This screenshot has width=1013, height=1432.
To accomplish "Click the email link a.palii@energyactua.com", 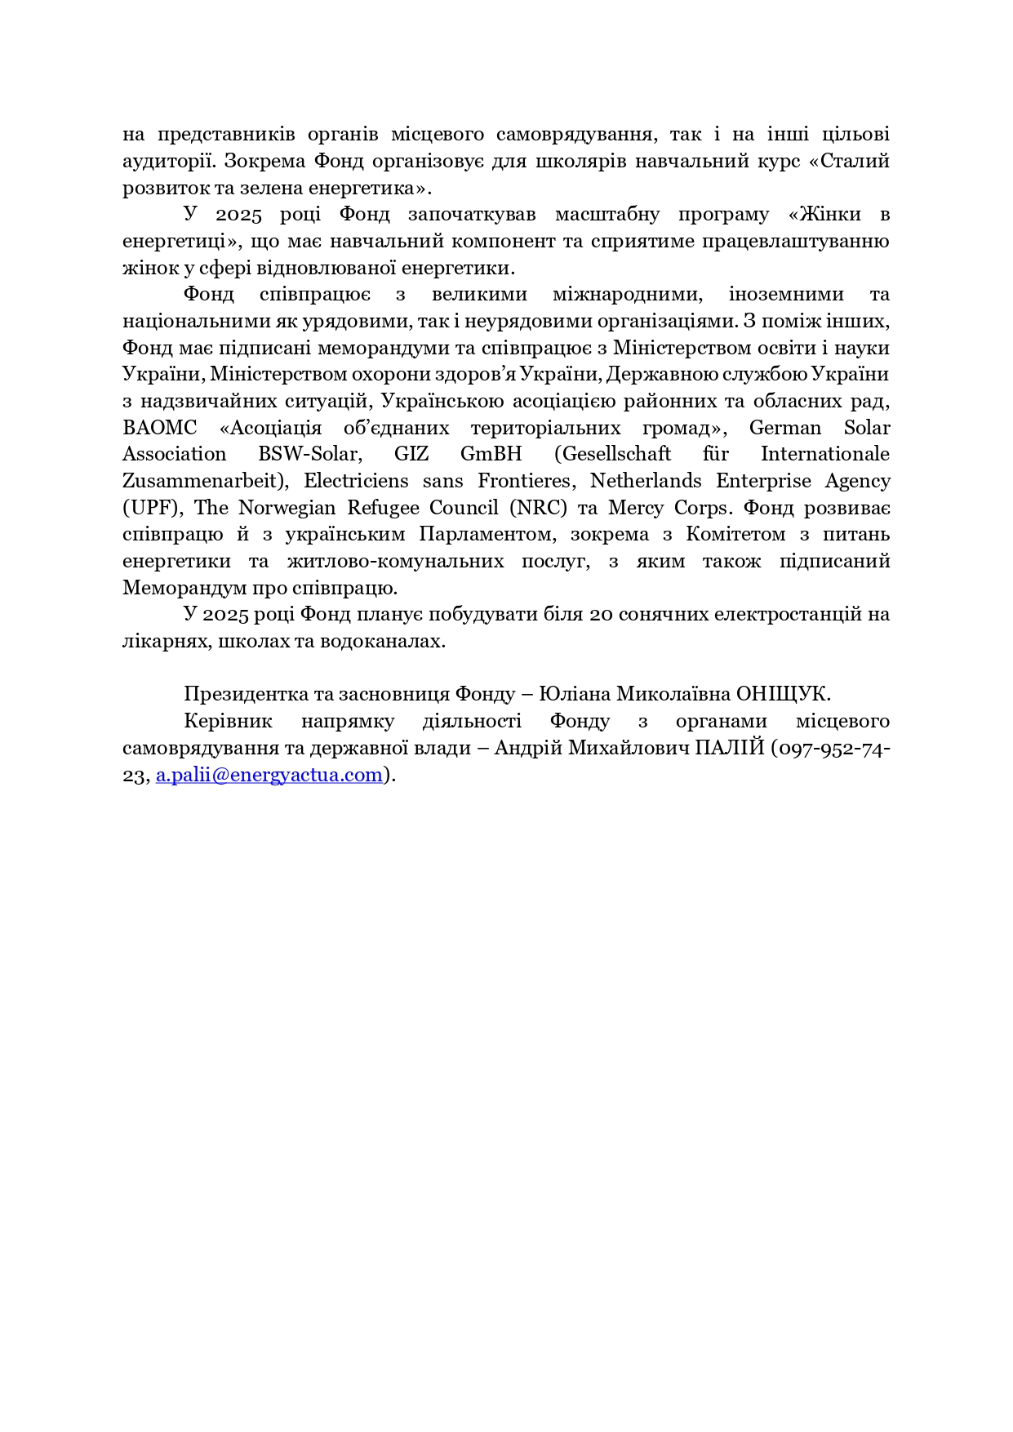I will pos(269,775).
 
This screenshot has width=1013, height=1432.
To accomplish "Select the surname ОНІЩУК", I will pos(783,694).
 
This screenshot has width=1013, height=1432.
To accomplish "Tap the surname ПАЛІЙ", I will pos(729,748).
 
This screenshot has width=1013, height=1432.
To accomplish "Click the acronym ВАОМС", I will pos(160,428).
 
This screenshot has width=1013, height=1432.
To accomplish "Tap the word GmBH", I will pos(491,454).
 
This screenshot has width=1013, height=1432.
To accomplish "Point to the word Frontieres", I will pos(514,481).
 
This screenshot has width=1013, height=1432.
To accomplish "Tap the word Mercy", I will pos(635,508).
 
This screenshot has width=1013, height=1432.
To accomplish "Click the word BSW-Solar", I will pos(309,454).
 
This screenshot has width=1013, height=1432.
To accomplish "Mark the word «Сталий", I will pos(848,161).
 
